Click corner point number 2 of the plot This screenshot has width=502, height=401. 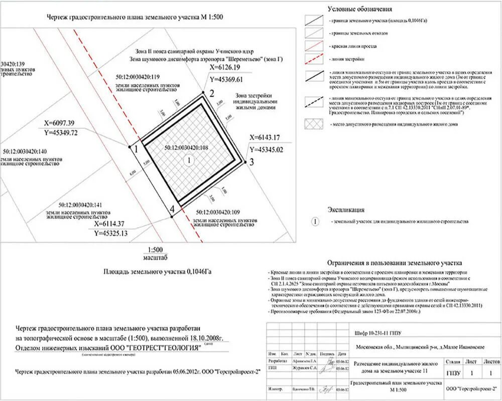pyautogui.click(x=203, y=92)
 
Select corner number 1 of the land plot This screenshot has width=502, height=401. pyautogui.click(x=130, y=146)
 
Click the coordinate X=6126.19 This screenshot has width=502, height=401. pyautogui.click(x=226, y=67)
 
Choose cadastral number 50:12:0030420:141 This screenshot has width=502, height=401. pyautogui.click(x=80, y=205)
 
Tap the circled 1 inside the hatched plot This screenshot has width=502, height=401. pyautogui.click(x=189, y=160)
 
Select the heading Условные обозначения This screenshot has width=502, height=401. pyautogui.click(x=360, y=9)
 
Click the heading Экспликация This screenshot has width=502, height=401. pyautogui.click(x=346, y=210)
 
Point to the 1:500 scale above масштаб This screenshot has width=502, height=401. pyautogui.click(x=155, y=250)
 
